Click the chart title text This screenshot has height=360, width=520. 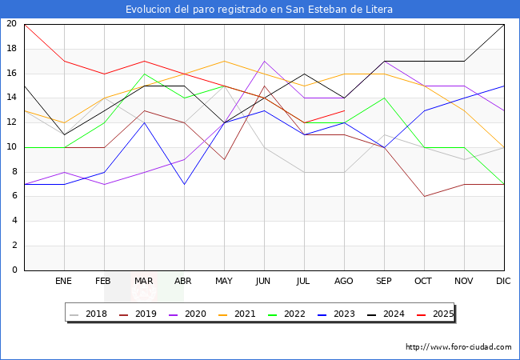pos(259,10)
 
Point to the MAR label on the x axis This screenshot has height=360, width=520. pos(144,282)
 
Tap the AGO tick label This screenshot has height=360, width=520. pos(344,282)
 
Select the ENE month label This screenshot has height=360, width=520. pos(64,282)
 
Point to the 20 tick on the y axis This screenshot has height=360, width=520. pos(11,24)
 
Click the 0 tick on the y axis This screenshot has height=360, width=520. pos(14,270)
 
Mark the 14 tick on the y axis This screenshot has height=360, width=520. pos(11,98)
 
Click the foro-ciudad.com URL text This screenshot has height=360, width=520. pos(458,347)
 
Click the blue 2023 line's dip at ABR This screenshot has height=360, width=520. pos(184,184)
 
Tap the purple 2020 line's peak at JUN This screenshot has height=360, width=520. pos(264,61)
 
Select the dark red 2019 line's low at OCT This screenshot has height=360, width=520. pos(424,196)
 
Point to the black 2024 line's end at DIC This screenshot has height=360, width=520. pos(504,24)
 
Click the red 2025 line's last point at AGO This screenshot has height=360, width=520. pos(344,110)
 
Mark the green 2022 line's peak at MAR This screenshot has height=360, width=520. pos(144,74)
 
